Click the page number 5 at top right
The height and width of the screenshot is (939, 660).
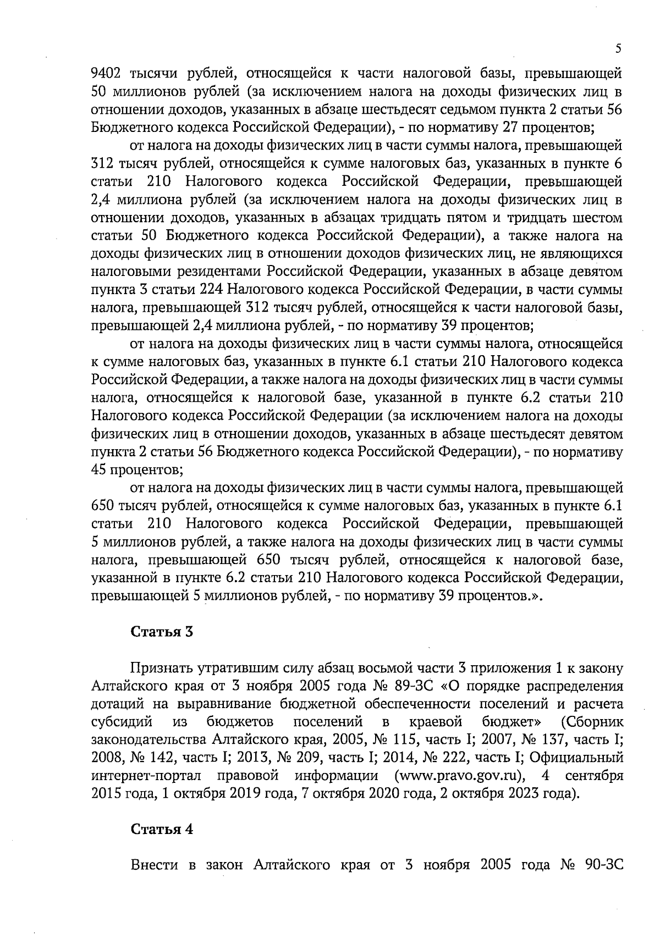tap(619, 48)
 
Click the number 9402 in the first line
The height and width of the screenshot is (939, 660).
tap(107, 73)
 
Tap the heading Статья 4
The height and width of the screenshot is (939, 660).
tap(162, 830)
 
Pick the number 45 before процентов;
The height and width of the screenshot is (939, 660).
tap(99, 470)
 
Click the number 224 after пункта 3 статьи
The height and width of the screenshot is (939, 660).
tap(212, 290)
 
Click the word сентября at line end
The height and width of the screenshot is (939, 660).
tap(595, 776)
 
